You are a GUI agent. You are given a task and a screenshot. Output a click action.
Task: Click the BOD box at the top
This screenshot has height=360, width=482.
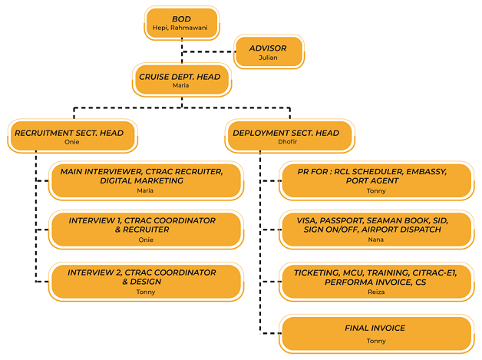click(x=181, y=22)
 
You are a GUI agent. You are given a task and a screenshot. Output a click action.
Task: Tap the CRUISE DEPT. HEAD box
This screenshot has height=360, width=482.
click(x=181, y=81)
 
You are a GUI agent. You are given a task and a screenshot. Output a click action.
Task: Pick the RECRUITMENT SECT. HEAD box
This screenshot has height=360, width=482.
click(x=75, y=137)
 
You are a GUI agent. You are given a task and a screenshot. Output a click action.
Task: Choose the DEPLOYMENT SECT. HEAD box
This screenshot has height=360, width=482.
click(x=290, y=137)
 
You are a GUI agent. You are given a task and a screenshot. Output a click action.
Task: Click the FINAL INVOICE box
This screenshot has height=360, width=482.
click(x=375, y=332)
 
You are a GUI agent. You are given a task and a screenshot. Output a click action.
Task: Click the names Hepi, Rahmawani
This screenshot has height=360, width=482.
click(x=181, y=28)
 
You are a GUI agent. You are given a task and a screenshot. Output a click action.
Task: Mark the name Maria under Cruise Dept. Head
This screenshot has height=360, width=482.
click(x=181, y=86)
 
